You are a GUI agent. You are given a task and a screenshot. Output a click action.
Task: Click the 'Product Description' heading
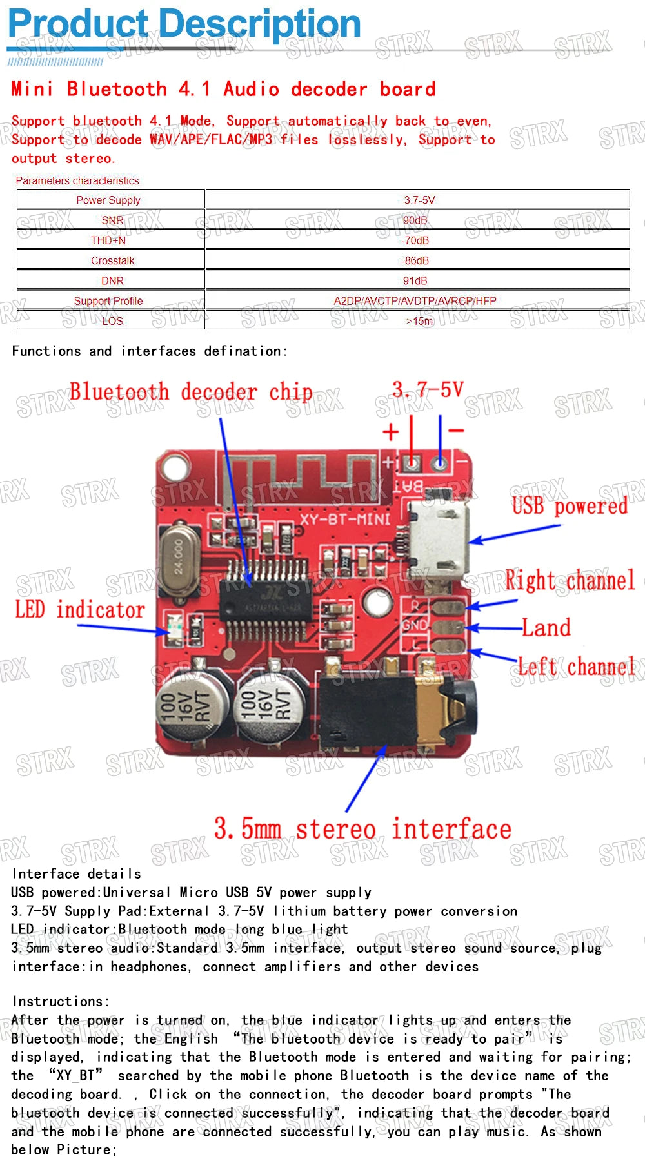(184, 24)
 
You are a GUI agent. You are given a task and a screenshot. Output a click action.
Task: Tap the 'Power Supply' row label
(108, 200)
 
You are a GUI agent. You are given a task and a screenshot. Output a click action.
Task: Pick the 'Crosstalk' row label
(113, 260)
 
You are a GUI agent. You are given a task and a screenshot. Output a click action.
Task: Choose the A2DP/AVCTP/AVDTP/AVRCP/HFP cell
(415, 300)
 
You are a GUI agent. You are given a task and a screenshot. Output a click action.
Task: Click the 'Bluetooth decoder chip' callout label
(191, 392)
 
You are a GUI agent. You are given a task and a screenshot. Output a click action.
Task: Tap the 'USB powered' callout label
(570, 506)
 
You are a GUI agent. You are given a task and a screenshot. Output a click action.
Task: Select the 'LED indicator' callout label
(80, 610)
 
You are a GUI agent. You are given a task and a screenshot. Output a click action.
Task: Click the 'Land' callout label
(546, 627)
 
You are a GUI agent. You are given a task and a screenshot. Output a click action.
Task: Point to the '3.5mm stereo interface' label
(362, 829)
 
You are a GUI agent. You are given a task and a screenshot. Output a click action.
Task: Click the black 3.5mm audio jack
(393, 708)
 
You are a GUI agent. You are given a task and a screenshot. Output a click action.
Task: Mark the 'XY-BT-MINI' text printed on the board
(345, 518)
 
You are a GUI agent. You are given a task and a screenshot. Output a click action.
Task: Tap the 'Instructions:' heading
(61, 1001)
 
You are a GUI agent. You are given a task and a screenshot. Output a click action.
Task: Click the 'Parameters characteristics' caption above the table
(77, 180)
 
